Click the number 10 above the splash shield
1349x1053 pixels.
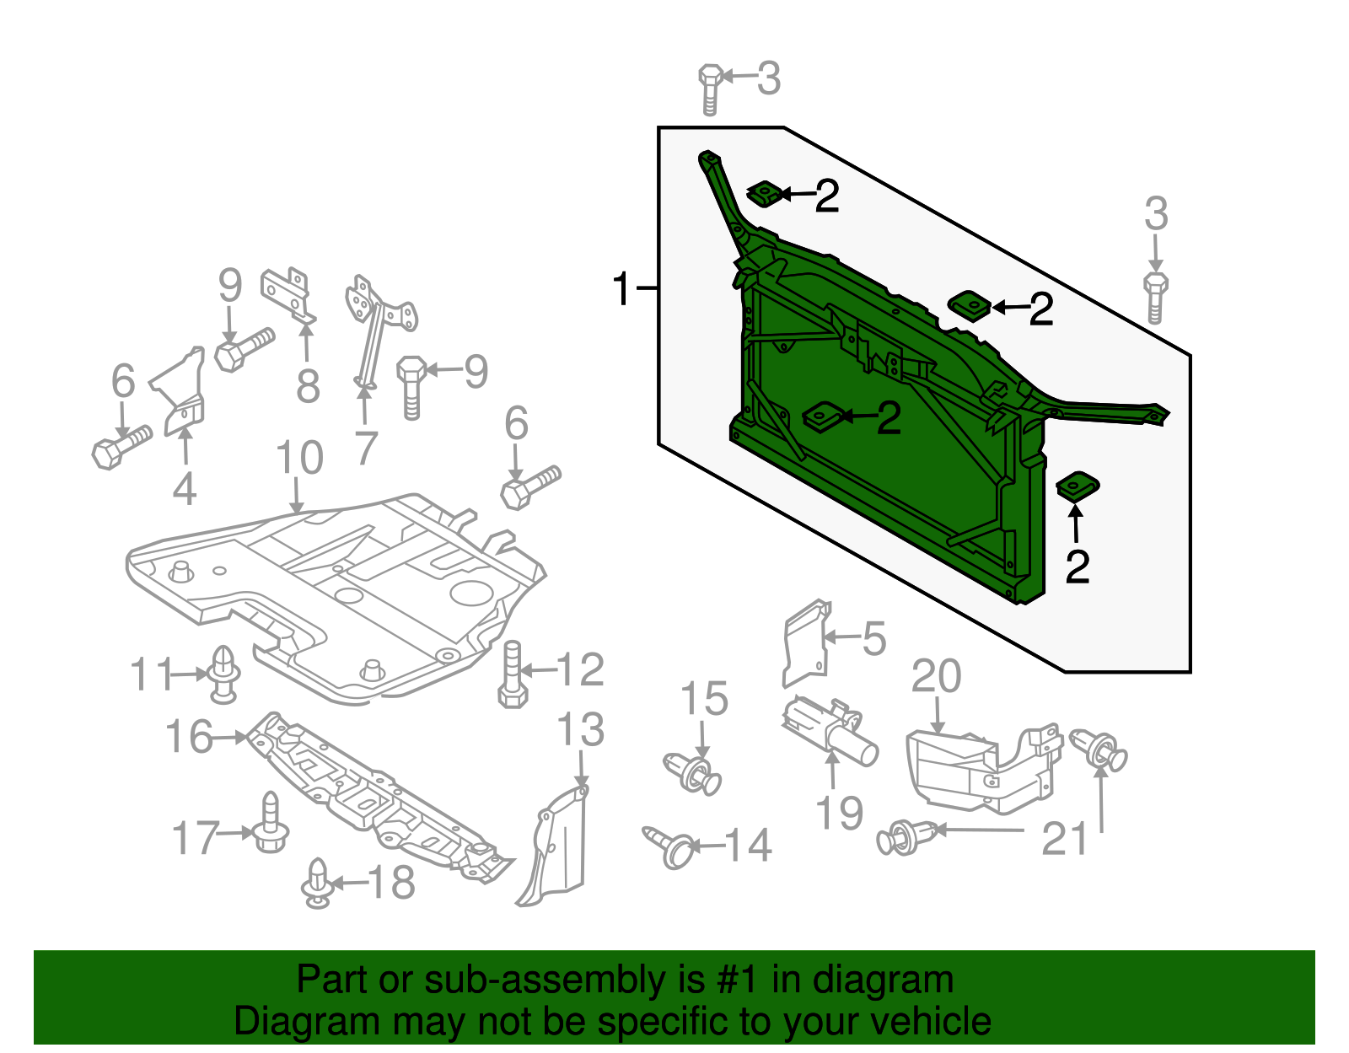click(x=299, y=458)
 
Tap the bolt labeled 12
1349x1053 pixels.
click(x=513, y=674)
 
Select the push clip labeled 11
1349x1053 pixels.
click(x=223, y=674)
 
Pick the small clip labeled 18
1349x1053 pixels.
click(x=317, y=883)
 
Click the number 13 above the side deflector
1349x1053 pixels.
click(x=581, y=729)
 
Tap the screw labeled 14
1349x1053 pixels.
click(x=669, y=845)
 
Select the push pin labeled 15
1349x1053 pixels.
click(x=693, y=771)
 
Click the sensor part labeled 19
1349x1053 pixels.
click(x=830, y=731)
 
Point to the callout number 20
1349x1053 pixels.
click(x=936, y=677)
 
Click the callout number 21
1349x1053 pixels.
click(x=1065, y=839)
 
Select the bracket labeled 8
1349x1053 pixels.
click(x=288, y=294)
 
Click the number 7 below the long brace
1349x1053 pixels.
click(x=365, y=448)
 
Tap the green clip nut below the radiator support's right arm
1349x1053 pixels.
click(x=1078, y=486)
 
